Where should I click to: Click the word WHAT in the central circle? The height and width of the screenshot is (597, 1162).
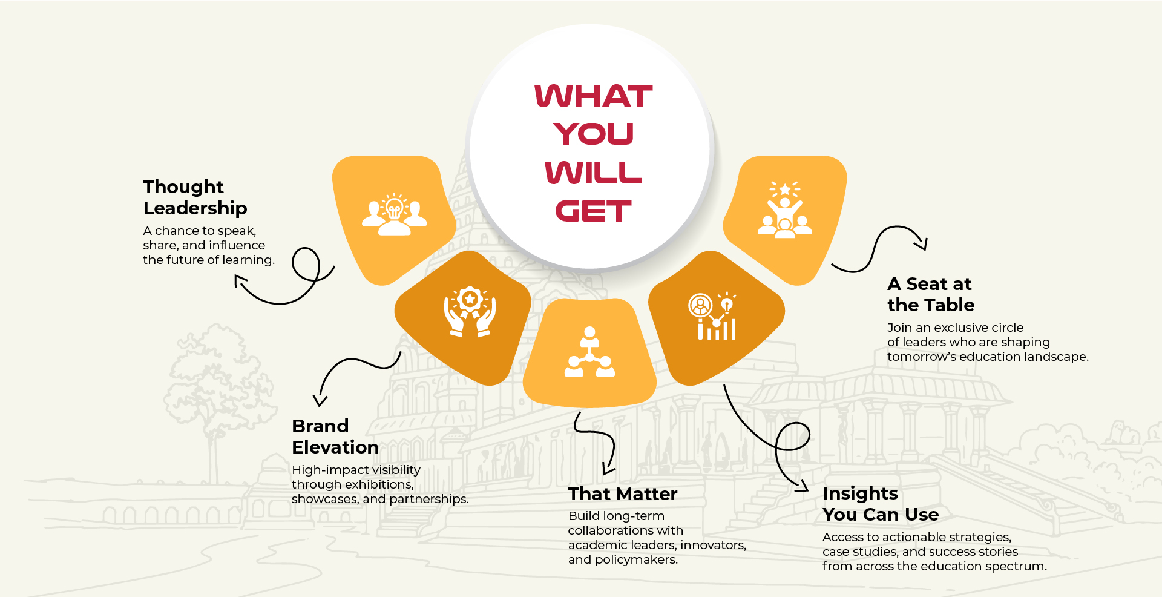(593, 96)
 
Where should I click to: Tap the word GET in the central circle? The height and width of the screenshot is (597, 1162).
(593, 211)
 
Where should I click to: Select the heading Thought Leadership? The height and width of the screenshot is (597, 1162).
(195, 197)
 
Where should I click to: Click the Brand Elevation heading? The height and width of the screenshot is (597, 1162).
(335, 437)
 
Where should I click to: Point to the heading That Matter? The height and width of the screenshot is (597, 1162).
(623, 494)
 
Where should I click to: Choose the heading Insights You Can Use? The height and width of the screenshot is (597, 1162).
(881, 504)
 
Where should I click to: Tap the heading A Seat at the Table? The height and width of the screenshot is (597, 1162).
(931, 294)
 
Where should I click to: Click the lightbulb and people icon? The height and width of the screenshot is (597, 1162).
(395, 214)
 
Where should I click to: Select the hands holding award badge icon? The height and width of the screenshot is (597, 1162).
(470, 312)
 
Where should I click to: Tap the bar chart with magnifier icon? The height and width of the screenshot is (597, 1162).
(712, 316)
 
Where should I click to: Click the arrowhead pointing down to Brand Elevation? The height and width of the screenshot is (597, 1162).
(320, 400)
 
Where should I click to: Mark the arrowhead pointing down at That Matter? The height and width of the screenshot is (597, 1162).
(608, 469)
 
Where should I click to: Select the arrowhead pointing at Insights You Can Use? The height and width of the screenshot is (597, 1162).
(803, 486)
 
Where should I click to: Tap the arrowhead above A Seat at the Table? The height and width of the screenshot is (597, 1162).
(922, 243)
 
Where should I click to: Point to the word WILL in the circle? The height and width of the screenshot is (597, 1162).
(593, 173)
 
